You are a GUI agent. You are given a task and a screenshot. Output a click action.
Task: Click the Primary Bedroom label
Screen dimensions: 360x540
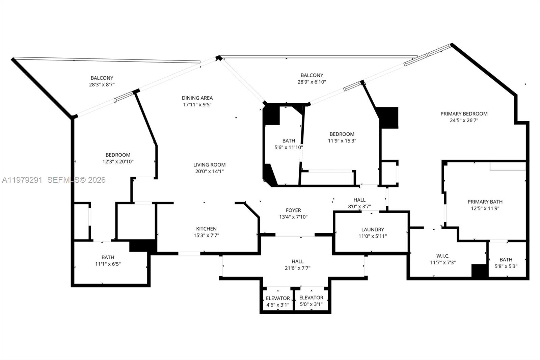click(464, 114)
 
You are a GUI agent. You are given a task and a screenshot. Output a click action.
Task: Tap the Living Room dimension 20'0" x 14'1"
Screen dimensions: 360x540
click(209, 171)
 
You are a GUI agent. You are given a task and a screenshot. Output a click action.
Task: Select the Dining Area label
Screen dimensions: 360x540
click(197, 98)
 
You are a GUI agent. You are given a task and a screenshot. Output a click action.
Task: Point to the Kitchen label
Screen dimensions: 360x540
click(206, 229)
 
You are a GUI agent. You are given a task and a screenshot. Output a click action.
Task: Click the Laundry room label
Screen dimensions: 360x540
click(373, 229)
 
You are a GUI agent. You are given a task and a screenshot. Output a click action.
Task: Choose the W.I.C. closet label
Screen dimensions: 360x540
click(443, 256)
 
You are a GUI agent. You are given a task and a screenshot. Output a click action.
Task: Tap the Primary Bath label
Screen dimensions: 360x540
click(485, 202)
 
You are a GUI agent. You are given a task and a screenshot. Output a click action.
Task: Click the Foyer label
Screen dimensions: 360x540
click(293, 210)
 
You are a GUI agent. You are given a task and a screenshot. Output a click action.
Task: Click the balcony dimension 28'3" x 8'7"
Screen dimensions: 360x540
click(102, 85)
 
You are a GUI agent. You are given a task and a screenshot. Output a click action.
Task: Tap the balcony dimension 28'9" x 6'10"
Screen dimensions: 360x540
click(312, 82)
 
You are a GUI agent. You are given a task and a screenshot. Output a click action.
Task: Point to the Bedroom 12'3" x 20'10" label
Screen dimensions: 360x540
click(118, 155)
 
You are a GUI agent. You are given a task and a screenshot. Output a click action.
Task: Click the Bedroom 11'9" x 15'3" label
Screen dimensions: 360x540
click(342, 134)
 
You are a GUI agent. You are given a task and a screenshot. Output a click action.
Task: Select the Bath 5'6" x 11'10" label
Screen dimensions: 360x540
click(289, 141)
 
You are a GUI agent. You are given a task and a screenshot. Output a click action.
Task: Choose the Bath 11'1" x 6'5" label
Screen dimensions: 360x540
click(108, 257)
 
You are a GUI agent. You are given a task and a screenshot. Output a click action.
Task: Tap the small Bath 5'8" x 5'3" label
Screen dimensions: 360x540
click(506, 259)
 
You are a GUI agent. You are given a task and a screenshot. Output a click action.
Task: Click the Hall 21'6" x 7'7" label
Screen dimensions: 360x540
click(297, 261)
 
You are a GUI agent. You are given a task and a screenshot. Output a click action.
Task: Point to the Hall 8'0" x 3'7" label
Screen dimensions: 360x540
click(359, 200)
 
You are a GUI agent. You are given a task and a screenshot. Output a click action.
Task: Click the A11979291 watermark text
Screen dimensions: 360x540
click(22, 180)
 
